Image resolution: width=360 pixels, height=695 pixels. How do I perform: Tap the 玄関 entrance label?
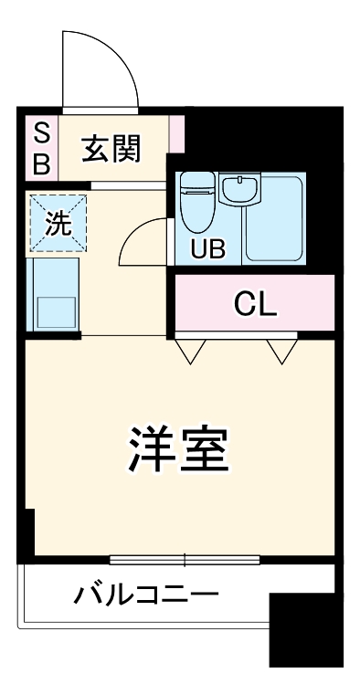111,148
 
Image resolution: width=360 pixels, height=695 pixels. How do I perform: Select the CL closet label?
255,303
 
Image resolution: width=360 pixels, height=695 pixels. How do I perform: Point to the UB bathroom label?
206,247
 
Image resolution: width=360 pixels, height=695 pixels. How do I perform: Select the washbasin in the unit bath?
238,188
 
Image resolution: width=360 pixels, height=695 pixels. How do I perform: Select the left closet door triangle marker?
190,350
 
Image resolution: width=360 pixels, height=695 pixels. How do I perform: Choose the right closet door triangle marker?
279,350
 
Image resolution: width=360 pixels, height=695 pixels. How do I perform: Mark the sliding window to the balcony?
185,559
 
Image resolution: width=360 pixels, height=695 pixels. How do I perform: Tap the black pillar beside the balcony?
306,629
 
